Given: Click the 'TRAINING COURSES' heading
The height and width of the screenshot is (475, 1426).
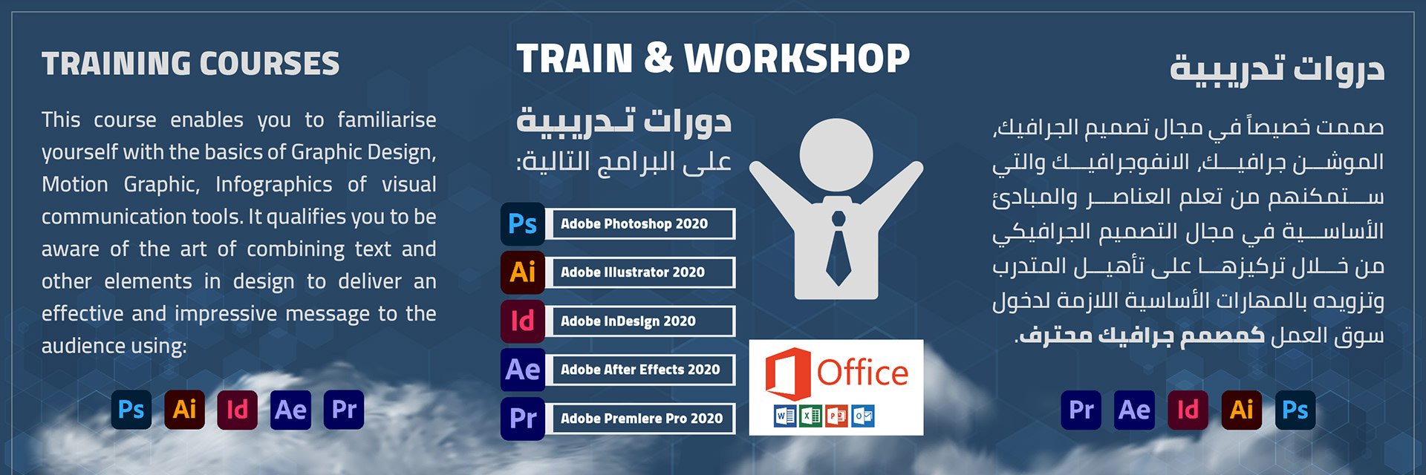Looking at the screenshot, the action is coord(190,64).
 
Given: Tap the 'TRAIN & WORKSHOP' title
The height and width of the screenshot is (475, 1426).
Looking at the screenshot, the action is coord(713,58).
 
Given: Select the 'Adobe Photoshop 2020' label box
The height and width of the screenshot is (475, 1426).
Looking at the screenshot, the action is coord(640,223).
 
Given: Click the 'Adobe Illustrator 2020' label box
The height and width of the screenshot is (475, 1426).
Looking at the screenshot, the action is coord(640,272).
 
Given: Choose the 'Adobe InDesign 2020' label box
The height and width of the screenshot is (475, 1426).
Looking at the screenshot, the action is coord(640,321).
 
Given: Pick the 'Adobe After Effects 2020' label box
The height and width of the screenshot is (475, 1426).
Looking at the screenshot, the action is coord(640,370).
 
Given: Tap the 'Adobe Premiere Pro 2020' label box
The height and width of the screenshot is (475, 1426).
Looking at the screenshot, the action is coord(640,419).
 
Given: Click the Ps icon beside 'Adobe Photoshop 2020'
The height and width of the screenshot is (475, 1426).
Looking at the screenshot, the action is coord(523,224).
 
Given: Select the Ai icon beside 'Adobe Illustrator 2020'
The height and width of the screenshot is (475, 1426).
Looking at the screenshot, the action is coord(523,272).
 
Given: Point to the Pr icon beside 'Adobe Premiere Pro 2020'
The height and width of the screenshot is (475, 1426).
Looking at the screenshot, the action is coord(523,419).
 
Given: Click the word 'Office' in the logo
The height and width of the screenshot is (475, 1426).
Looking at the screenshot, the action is coord(862,373).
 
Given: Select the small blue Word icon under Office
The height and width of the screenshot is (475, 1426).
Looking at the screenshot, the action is coord(785,416).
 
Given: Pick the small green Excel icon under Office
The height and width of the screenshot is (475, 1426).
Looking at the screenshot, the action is coord(811,416).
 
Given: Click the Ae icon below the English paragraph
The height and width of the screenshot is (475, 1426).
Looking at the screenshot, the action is coord(290,410).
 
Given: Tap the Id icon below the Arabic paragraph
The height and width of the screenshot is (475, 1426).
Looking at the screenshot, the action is coord(1188,410).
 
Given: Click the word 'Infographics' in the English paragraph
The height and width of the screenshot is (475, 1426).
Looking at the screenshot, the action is coord(274,184).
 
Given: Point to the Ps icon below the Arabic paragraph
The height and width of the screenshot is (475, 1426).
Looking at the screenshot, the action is coord(1295,410).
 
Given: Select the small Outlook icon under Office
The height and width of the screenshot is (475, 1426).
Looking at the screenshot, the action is coord(863,416).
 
